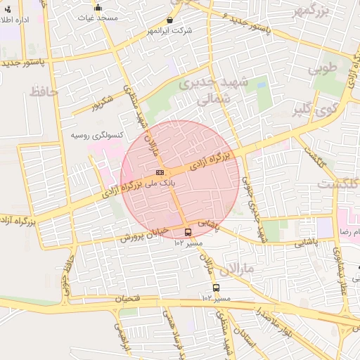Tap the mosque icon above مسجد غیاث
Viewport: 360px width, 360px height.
click(x=98, y=8)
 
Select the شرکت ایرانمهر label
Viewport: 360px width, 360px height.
click(x=172, y=32)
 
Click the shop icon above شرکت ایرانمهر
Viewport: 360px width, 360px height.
click(x=172, y=21)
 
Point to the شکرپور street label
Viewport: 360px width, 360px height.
click(x=102, y=105)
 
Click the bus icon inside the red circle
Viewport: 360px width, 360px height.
click(x=188, y=232)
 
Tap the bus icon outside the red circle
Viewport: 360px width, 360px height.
click(x=216, y=288)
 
